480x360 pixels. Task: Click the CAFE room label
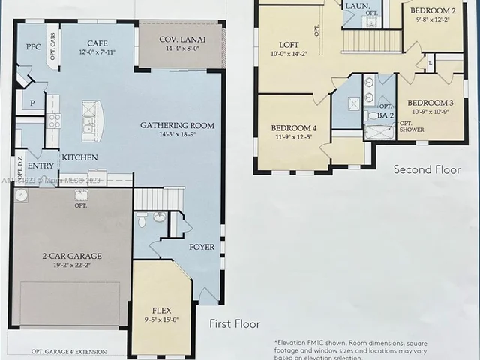tap(97, 43)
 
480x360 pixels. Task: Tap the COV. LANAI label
tap(181, 40)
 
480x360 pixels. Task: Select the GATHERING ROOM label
tap(177, 125)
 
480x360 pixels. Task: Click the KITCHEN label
tap(79, 158)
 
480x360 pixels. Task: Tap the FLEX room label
tap(161, 308)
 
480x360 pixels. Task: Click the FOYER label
tap(201, 247)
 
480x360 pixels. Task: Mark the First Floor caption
tap(235, 324)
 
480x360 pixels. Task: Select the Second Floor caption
tap(427, 170)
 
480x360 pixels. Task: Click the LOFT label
tap(289, 45)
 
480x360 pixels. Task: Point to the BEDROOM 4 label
tap(293, 128)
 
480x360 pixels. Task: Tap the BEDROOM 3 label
tap(430, 102)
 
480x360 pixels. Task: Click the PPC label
tap(32, 46)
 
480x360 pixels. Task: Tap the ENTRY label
tap(40, 166)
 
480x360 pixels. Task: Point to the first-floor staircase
tap(158, 199)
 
